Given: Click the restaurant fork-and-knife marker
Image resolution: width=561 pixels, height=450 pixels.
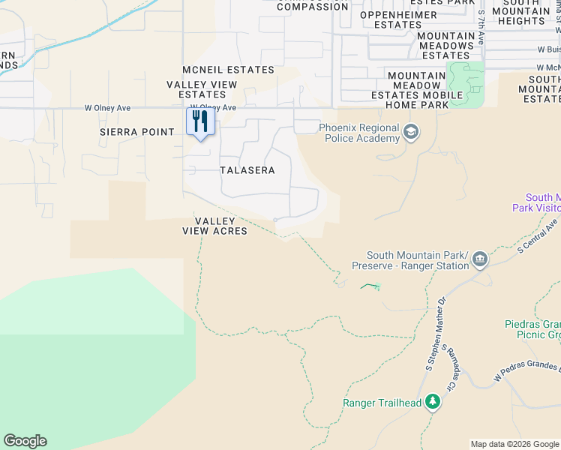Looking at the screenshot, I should [x=200, y=122].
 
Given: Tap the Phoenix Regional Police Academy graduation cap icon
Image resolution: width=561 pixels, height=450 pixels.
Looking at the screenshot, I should [x=410, y=133].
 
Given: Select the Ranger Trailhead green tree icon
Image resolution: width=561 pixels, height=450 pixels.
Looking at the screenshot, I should [x=432, y=403].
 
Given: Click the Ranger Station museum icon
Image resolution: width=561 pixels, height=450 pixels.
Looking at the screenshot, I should [x=480, y=261].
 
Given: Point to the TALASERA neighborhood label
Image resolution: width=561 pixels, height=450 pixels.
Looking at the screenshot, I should [x=247, y=170].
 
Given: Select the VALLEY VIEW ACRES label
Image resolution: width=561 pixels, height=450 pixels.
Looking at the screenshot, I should [x=214, y=226].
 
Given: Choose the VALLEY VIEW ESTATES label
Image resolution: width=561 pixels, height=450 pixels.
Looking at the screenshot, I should [x=196, y=89].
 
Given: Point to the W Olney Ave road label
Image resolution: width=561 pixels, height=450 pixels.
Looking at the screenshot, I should [x=213, y=107].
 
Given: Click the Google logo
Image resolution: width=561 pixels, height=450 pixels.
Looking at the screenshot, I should [x=25, y=441].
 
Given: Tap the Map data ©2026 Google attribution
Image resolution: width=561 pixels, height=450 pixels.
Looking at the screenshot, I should [x=514, y=444].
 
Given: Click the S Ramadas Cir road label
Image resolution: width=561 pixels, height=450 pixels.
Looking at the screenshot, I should [x=450, y=368].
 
